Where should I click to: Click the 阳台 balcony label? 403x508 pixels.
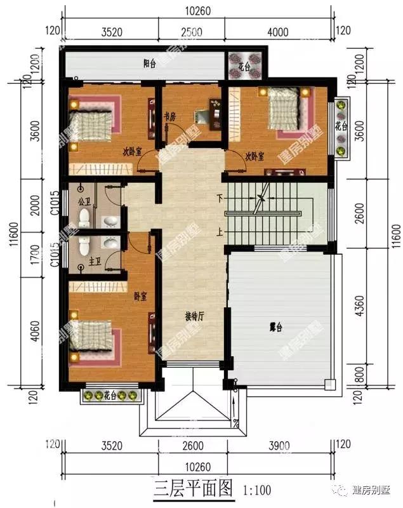click(150, 63)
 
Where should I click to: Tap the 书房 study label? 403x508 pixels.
click(169, 117)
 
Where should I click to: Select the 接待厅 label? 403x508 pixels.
click(194, 316)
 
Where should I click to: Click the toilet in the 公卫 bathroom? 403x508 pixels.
click(83, 218)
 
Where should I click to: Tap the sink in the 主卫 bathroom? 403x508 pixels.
click(109, 243)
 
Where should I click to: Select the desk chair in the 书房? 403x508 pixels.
click(201, 116)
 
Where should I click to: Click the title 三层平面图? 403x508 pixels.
click(194, 490)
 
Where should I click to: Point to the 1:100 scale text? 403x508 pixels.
click(256, 491)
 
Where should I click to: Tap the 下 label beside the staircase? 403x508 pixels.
click(221, 197)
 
